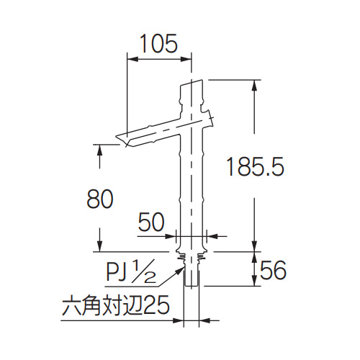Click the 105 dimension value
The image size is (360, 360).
coord(158,43)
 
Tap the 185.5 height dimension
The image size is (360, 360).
coord(255,166)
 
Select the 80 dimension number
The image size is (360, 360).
coord(100,199)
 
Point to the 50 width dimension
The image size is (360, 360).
coord(151,222)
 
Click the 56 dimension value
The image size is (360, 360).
coord(274,270)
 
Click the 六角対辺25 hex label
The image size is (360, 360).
coord(116,305)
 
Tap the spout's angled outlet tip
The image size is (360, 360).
coord(123,140)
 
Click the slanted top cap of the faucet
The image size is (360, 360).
coord(192,84)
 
